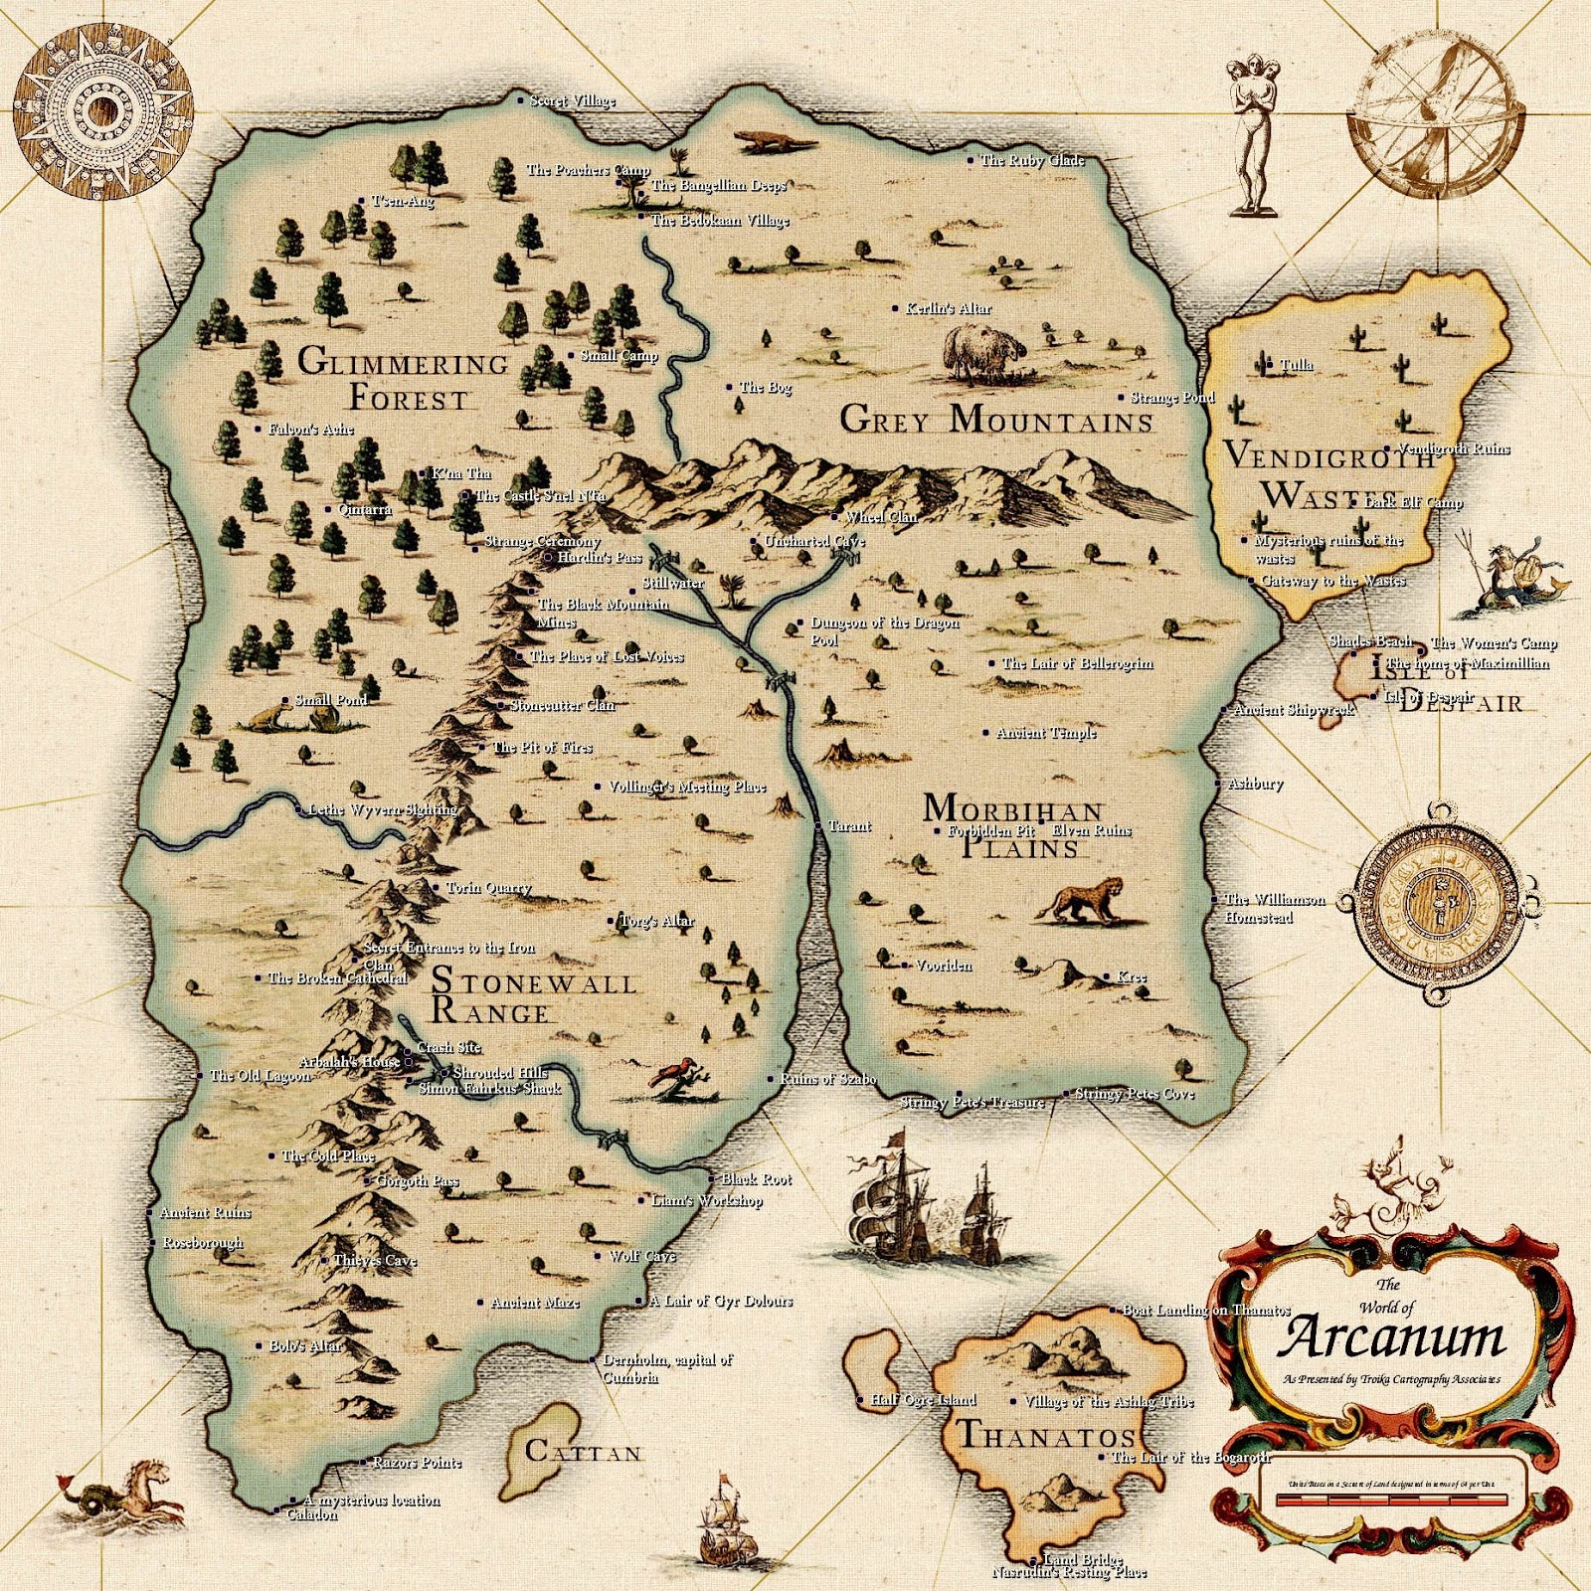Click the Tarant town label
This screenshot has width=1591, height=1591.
849,826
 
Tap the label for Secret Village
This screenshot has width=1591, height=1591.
572,100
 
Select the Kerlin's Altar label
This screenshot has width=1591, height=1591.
948,308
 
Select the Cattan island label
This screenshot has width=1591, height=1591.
583,1453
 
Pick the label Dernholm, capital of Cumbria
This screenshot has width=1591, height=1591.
667,1368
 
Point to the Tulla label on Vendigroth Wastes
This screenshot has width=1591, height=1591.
1296,365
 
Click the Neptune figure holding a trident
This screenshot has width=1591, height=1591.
1511,577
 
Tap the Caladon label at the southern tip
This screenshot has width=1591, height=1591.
311,1514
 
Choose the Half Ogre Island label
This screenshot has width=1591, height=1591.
923,1400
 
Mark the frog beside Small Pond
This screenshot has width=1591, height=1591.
266,717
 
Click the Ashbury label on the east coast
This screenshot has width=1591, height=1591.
1255,784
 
